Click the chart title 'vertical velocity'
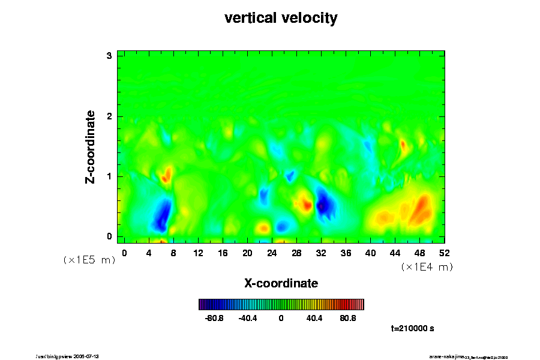[281, 19]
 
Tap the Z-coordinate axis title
[91, 146]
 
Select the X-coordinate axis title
[281, 283]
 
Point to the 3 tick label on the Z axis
[110, 56]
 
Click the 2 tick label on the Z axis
[110, 116]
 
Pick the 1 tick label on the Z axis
[110, 176]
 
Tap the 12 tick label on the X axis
[198, 253]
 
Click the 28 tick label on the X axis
[296, 253]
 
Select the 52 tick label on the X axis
[445, 253]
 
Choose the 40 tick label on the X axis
[370, 253]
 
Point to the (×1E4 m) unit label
[427, 268]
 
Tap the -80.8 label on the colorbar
[214, 318]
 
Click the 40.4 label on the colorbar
[314, 318]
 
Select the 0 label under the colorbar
[281, 318]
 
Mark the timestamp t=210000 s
[412, 329]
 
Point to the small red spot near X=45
[403, 145]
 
